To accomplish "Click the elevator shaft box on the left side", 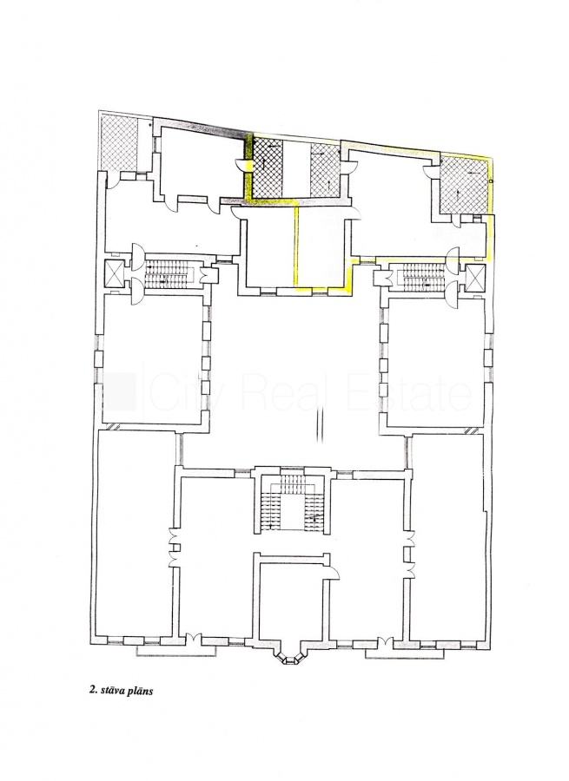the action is pos(113,275).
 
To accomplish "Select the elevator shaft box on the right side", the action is pos(475,277).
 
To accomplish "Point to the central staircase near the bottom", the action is pos(291,505).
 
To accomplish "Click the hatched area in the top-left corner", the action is pos(119,142).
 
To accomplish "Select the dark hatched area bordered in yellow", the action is pos(268,167).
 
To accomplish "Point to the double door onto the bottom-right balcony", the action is pos(385,642).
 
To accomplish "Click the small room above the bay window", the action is pos(291,601).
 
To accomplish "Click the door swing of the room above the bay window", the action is pos(332,571).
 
